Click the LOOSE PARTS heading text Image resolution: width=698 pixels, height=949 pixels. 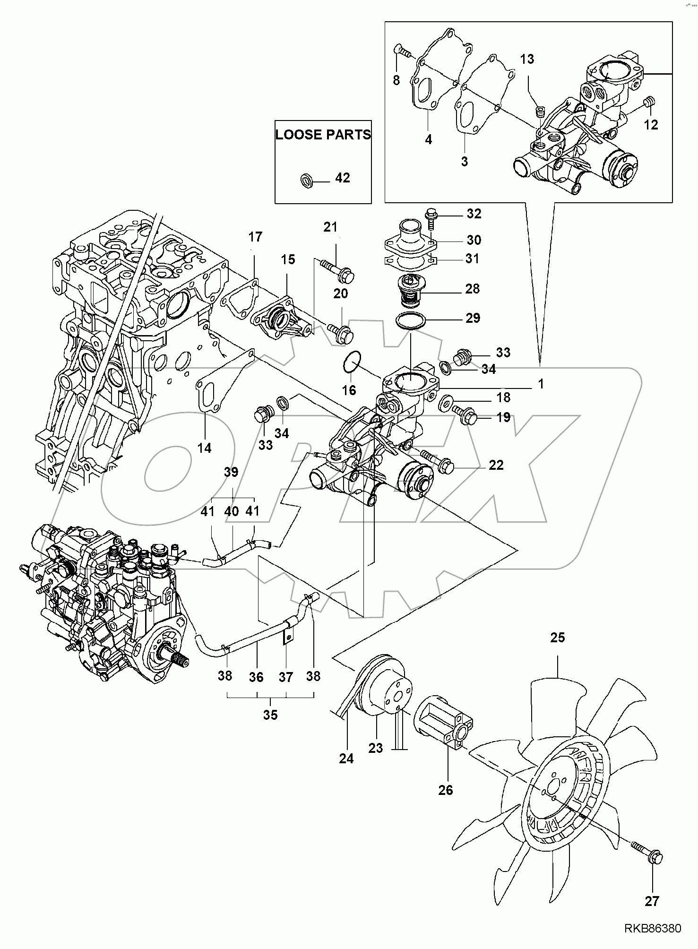[323, 135]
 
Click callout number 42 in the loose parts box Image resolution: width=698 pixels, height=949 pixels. [343, 178]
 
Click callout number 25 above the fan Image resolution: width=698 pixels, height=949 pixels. [558, 638]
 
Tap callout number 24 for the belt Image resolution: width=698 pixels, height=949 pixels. [346, 758]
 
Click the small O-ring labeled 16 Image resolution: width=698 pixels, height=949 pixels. [351, 361]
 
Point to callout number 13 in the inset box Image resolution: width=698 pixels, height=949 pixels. [527, 59]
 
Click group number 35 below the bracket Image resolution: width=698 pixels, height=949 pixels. [270, 715]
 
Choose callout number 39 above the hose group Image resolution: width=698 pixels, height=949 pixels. [232, 472]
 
